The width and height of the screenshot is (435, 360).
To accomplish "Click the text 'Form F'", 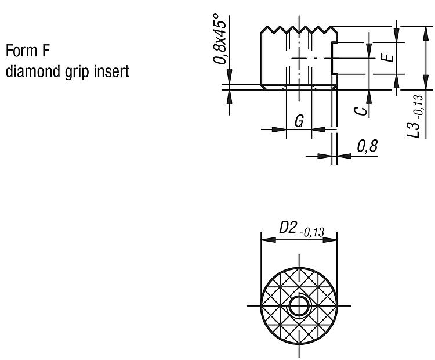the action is (28, 51).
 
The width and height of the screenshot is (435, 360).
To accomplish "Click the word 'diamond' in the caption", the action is (32, 71).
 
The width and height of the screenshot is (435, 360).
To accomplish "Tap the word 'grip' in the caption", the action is (77, 72).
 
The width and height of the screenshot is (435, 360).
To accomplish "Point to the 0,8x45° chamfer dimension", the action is (220, 39).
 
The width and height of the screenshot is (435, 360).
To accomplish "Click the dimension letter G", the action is (299, 121).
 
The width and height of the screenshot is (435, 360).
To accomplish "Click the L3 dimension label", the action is (412, 128).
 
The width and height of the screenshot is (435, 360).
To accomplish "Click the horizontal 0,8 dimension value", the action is (367, 146).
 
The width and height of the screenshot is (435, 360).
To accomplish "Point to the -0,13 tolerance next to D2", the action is (312, 232).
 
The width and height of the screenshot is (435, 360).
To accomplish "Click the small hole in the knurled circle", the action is (299, 305).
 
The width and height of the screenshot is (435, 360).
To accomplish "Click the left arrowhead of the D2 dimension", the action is (269, 240).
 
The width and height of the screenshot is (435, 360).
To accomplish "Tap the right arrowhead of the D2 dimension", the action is (330, 240).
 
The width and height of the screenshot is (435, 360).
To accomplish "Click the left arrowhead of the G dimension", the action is (279, 129).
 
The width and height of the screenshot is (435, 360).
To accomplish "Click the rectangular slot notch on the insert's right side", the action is (334, 58).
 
